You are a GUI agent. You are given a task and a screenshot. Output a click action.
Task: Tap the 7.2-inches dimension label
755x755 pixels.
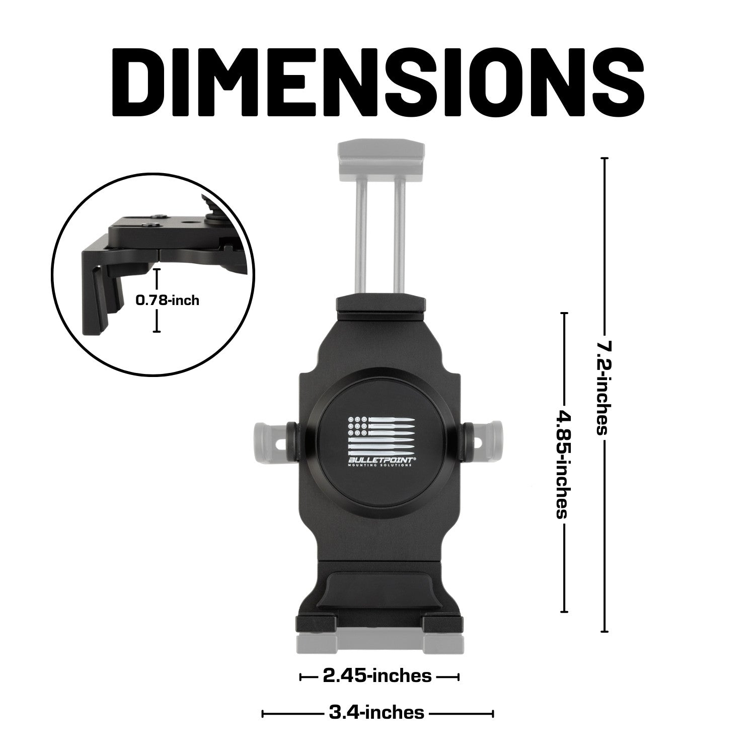pos(603,388)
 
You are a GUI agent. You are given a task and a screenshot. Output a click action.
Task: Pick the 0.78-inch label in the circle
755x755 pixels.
pos(167,300)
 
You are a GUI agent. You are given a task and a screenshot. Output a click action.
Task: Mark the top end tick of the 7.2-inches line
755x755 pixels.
pos(605,159)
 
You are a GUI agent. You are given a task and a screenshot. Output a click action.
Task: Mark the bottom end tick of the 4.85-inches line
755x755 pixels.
pos(564,612)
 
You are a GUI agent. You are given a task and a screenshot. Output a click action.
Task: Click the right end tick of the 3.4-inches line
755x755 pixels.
pos(493,713)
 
